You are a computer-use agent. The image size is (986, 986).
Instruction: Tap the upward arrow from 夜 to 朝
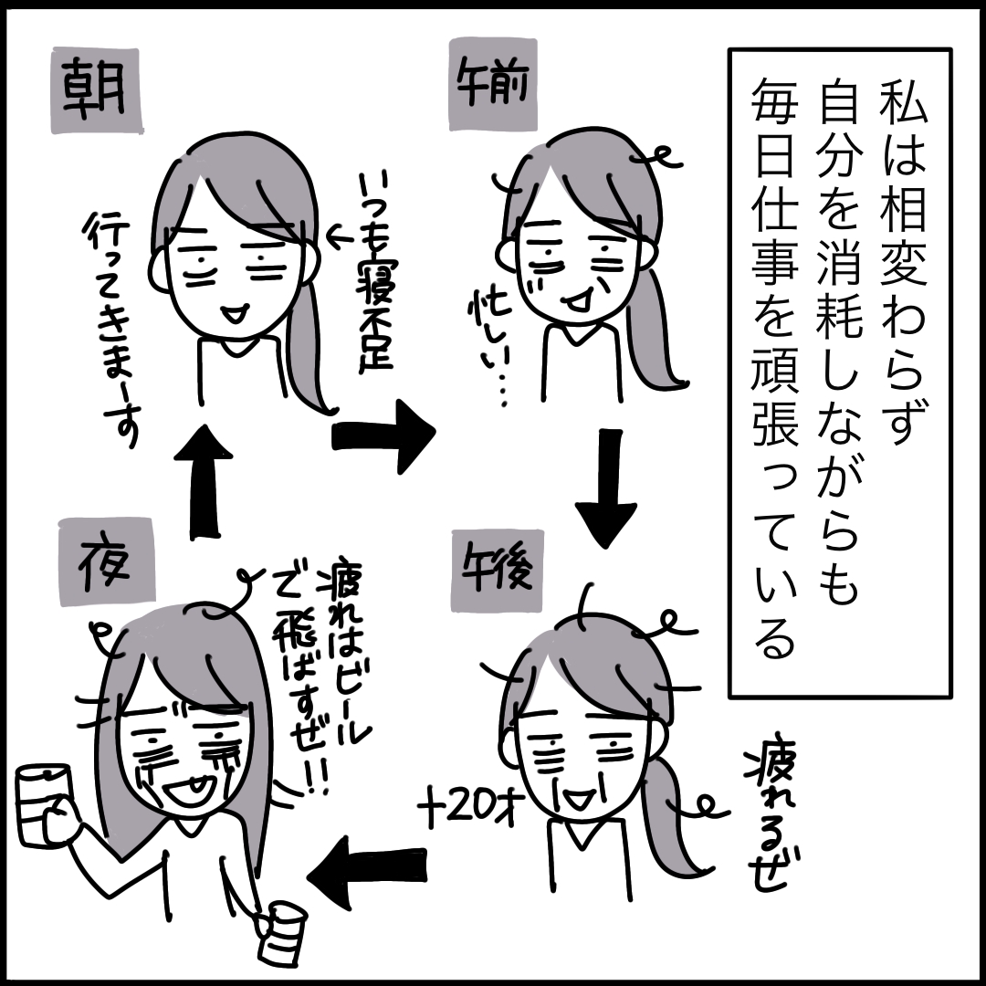click(202, 478)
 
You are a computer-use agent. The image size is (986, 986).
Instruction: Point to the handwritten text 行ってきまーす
click(110, 329)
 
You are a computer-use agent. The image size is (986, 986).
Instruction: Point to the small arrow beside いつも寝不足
click(338, 239)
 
